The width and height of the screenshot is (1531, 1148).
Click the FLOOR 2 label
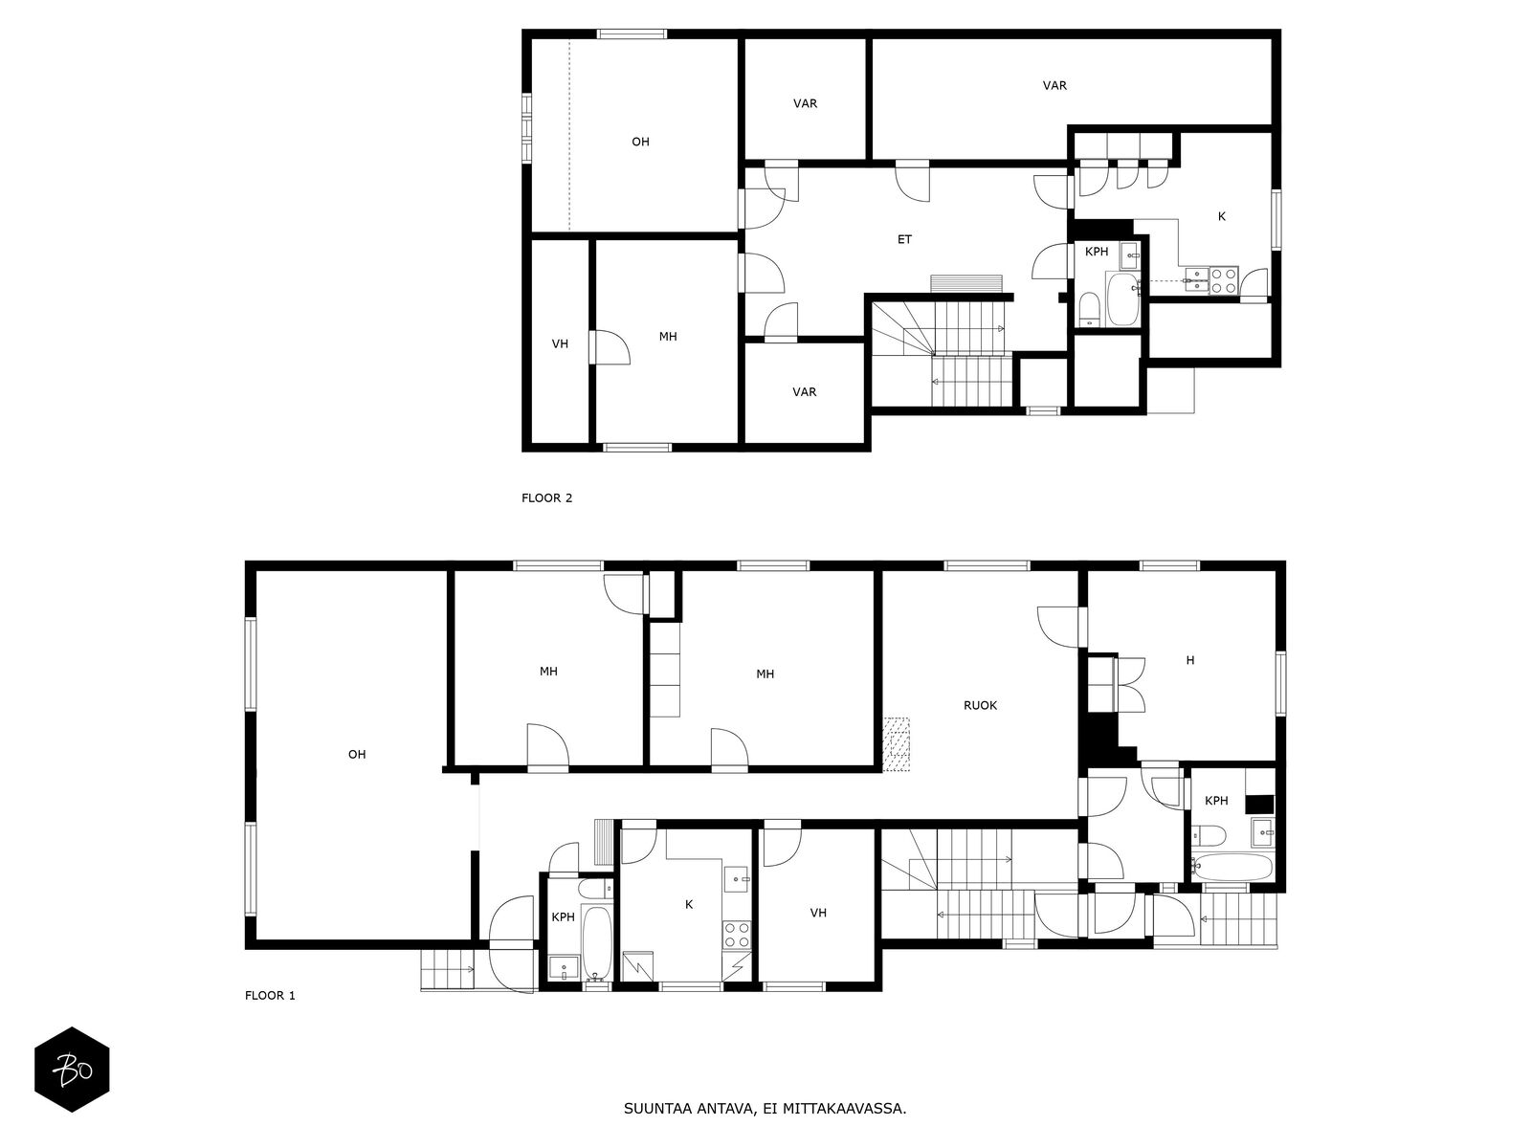(x=546, y=497)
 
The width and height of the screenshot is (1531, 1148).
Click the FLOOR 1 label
(x=270, y=995)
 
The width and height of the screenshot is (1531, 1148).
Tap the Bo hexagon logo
(x=72, y=1069)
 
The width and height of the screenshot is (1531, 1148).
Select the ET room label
(x=904, y=239)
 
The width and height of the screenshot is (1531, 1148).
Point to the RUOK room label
(x=980, y=705)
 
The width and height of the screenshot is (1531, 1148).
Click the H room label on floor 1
(x=1190, y=660)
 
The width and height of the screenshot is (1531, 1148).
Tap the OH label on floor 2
(x=640, y=142)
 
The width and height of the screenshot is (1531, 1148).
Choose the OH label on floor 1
(x=357, y=755)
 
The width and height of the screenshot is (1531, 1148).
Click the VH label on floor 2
(x=560, y=343)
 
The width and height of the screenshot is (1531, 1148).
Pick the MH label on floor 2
(x=668, y=337)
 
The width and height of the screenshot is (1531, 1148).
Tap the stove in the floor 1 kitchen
(x=737, y=933)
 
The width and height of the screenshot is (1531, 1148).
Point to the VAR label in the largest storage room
(x=1054, y=85)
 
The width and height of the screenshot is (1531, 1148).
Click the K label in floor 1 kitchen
(x=688, y=904)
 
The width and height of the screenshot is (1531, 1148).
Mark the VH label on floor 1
(x=818, y=913)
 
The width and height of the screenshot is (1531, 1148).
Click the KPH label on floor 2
(x=1097, y=252)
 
